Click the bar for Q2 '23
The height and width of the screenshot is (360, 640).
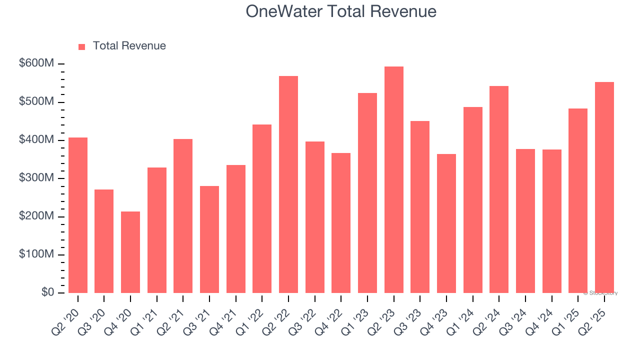(393, 180)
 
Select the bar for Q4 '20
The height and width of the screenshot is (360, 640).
(130, 252)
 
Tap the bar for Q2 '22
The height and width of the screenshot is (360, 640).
(288, 184)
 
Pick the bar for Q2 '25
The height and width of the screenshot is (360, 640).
(604, 187)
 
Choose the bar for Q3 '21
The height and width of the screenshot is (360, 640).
(209, 239)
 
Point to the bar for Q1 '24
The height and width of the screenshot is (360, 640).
(472, 200)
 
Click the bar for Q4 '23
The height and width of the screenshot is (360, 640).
(446, 223)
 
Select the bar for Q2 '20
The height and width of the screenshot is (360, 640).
(78, 215)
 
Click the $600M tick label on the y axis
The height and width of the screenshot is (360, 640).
(37, 63)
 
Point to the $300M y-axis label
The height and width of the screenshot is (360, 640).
(37, 178)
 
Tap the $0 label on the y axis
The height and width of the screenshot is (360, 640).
(47, 292)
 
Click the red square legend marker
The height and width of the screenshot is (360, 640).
(82, 47)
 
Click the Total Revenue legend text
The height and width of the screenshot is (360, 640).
(129, 46)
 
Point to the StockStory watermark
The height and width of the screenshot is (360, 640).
(600, 293)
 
